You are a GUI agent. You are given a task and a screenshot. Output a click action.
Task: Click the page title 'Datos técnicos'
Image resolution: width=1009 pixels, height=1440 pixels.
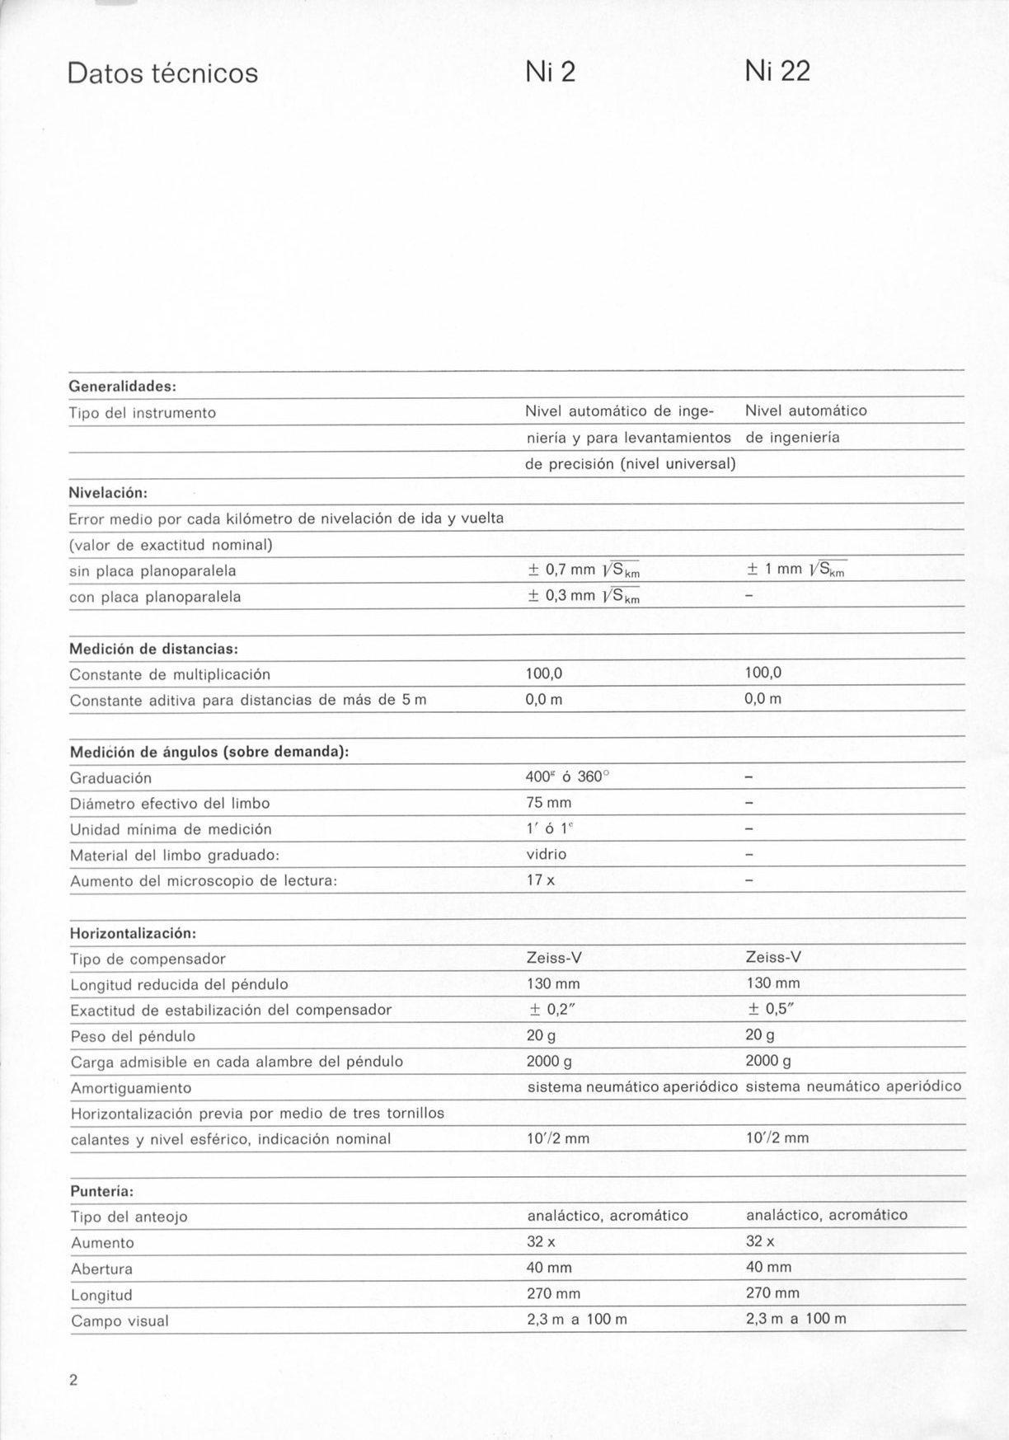point(162,73)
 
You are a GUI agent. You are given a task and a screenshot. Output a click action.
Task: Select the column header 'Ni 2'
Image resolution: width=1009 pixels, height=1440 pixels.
point(550,73)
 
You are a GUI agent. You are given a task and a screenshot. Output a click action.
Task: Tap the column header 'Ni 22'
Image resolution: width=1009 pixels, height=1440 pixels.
point(777,72)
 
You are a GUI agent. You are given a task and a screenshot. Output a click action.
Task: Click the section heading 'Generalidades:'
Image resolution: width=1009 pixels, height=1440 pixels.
point(123,386)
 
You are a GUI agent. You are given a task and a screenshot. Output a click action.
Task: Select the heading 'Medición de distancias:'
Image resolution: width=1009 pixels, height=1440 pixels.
point(154,649)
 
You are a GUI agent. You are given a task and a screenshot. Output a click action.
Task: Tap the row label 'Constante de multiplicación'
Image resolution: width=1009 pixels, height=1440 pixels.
point(170,675)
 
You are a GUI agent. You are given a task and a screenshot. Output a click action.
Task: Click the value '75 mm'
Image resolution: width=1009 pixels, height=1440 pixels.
point(548,803)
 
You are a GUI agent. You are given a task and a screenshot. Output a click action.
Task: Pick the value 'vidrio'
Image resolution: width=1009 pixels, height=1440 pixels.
point(547,854)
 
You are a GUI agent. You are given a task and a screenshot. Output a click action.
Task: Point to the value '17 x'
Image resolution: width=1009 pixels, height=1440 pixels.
point(540,880)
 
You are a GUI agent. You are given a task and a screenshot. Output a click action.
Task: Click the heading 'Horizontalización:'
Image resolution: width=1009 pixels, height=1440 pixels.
point(133,933)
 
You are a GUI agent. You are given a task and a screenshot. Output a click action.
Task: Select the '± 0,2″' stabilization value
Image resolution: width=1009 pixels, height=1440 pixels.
point(549,1009)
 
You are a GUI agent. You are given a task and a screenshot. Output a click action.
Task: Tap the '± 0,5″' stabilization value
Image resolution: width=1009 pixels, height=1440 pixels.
point(767,1009)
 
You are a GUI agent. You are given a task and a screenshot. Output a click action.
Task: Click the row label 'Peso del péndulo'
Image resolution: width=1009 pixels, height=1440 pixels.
point(133,1036)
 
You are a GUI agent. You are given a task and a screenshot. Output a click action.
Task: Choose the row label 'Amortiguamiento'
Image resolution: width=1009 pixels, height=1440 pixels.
point(131,1088)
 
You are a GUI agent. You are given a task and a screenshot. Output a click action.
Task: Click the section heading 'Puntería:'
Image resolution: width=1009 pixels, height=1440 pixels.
point(102,1191)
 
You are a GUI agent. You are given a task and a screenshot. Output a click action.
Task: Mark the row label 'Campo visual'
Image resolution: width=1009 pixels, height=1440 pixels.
point(120,1321)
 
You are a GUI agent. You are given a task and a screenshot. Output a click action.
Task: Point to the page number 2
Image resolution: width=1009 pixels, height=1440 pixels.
point(73,1381)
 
